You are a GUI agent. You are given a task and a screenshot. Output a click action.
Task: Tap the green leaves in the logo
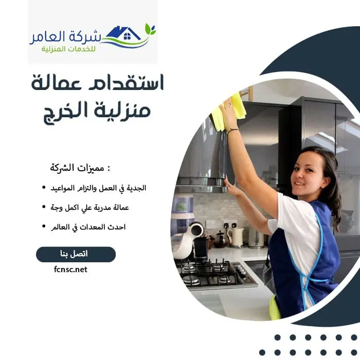tap(150, 29)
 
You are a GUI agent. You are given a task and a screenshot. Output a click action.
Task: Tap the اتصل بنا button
tap(76, 255)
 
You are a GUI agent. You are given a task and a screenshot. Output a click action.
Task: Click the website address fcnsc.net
tap(70, 269)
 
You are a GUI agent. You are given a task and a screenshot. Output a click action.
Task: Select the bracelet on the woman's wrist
tap(232, 131)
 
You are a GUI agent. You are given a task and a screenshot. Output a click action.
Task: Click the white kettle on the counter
tap(237, 237)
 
